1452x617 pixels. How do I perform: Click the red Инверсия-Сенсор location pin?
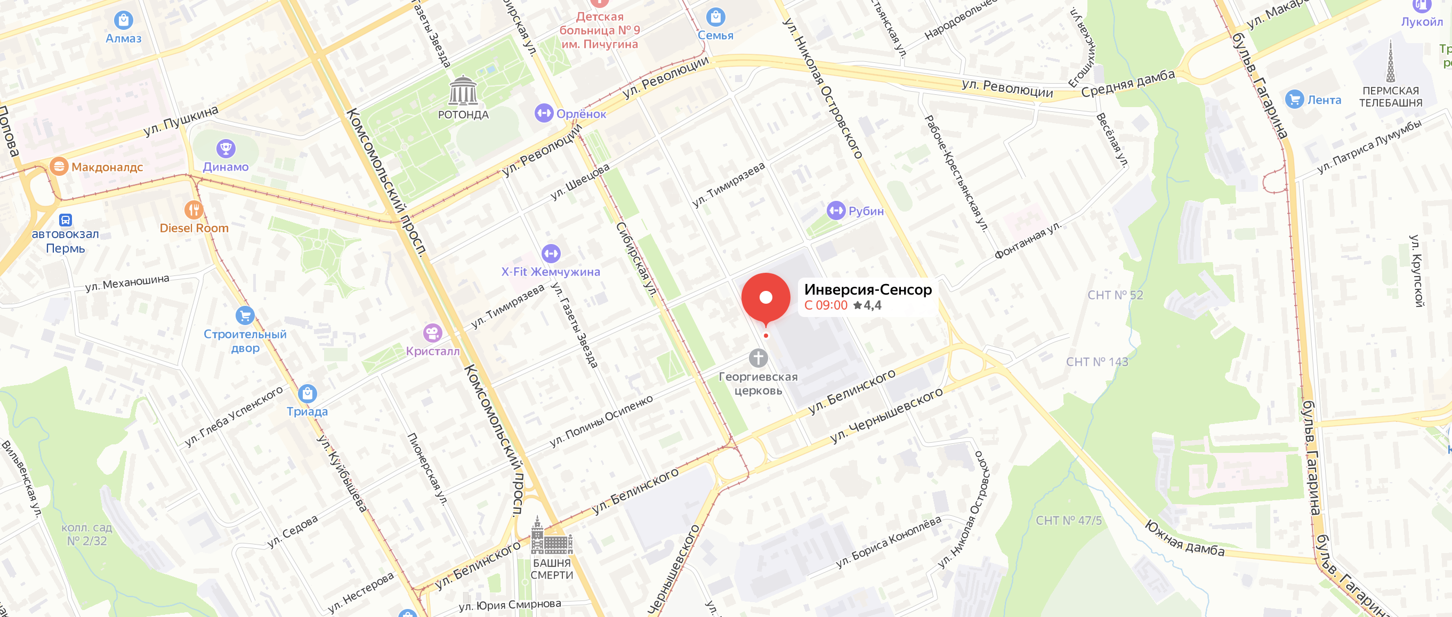765,297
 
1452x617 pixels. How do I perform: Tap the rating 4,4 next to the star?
872,305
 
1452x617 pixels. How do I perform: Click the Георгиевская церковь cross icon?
758,358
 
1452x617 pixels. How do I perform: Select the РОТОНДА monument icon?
463,91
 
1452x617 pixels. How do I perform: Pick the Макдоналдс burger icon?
59,167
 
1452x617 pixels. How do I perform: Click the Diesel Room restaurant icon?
193,210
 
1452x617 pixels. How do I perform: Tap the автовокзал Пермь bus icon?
66,220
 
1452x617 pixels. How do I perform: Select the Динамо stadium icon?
225,149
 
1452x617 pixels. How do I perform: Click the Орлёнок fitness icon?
544,113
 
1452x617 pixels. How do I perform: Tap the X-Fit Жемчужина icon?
551,254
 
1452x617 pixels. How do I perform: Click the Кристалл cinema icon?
432,333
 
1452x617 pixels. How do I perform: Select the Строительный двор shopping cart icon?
245,315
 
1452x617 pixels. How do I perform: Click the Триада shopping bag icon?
307,393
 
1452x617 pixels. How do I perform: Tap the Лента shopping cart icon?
1294,100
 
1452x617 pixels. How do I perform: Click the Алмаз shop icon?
124,20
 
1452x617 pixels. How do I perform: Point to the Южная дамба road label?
1184,538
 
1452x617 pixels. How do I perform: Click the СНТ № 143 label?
1097,362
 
